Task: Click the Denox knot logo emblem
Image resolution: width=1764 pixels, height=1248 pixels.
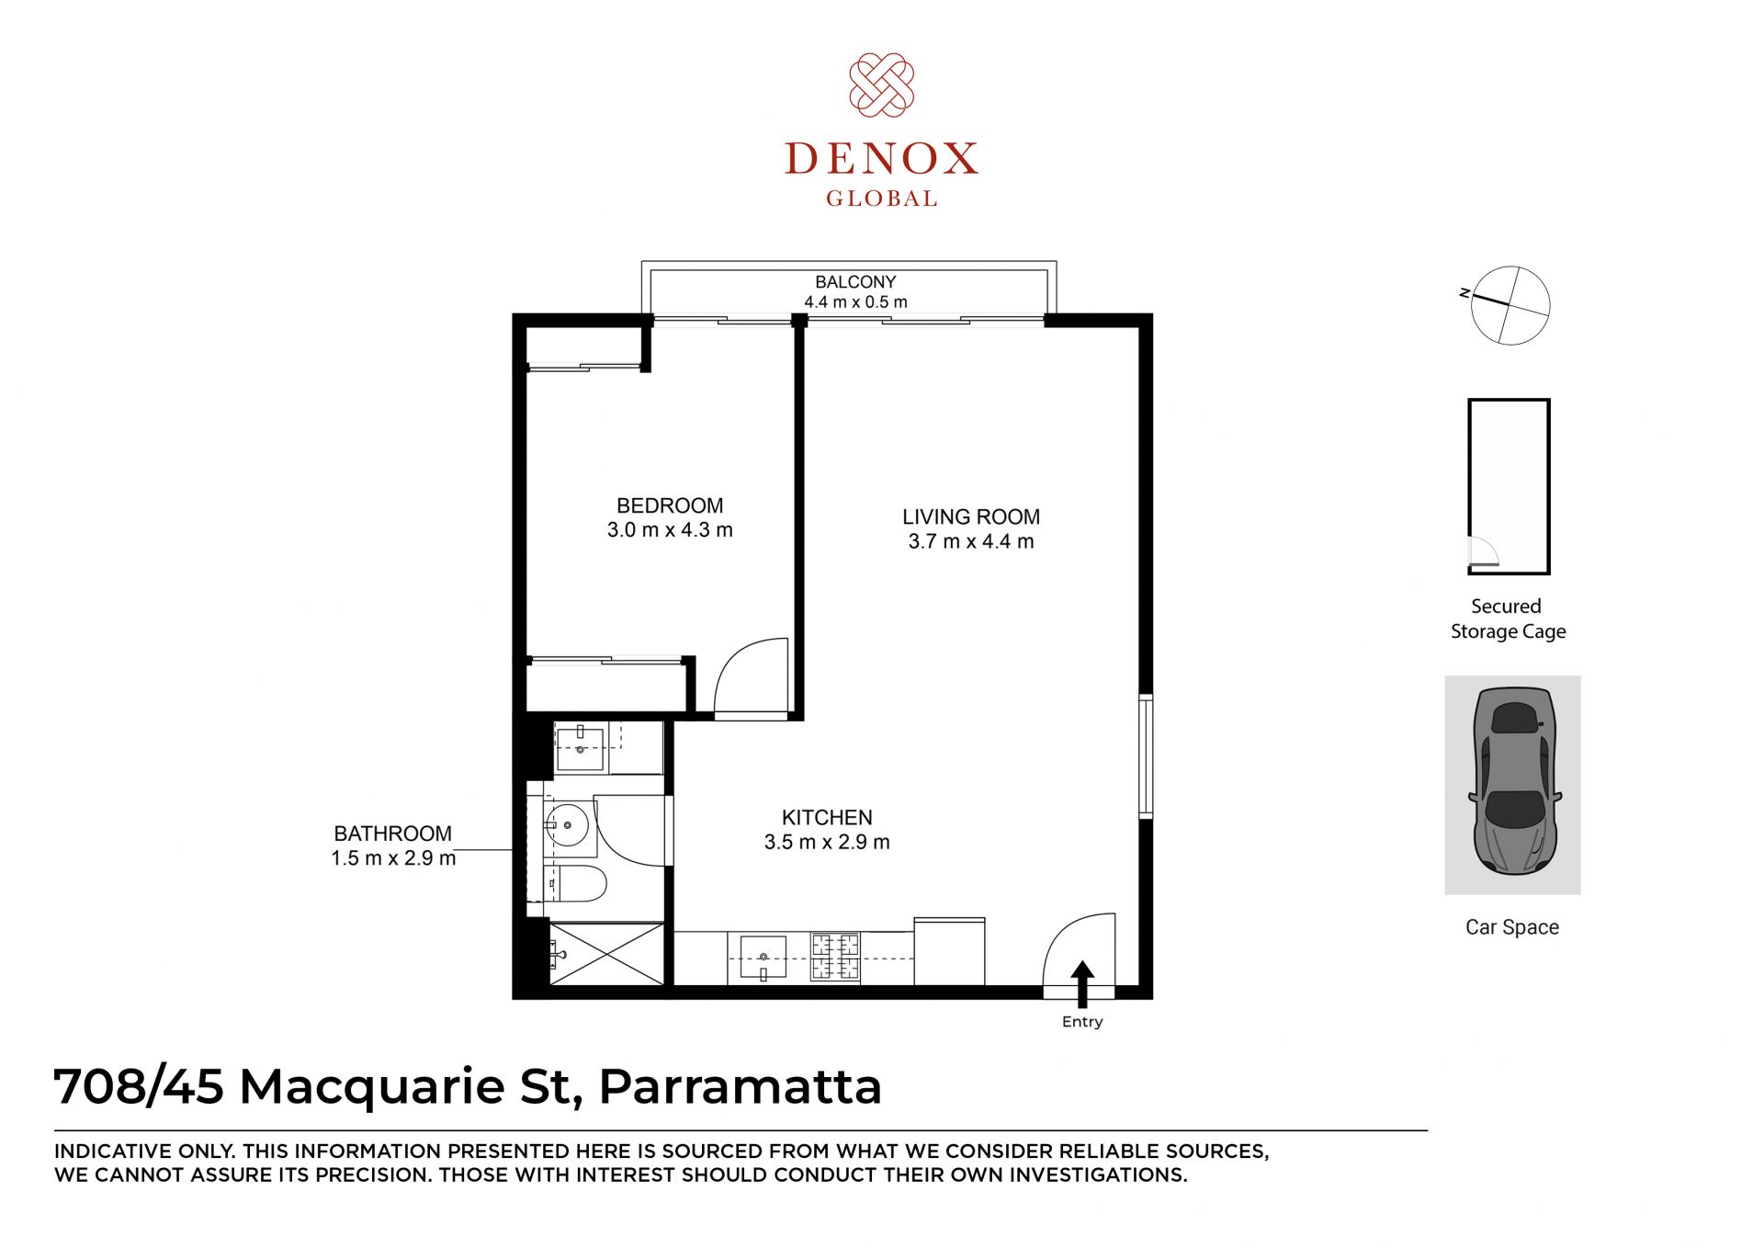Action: point(881,85)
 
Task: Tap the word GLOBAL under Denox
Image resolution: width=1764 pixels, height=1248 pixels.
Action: point(881,199)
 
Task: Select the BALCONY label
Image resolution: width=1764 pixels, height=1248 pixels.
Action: point(855,282)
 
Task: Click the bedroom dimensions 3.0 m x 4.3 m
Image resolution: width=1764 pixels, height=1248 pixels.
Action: point(670,530)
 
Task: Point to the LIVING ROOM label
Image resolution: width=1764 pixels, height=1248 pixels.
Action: point(971,517)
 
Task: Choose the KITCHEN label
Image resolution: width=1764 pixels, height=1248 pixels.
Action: point(827,818)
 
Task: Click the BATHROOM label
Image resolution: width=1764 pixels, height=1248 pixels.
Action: point(393,834)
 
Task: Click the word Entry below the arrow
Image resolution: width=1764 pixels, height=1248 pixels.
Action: point(1082,1022)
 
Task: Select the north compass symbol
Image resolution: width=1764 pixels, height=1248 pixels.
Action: point(1509,305)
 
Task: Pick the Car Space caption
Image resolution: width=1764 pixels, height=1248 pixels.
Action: point(1512,927)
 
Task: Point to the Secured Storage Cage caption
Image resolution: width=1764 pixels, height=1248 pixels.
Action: point(1508,618)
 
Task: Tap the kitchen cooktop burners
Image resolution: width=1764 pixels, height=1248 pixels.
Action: point(835,956)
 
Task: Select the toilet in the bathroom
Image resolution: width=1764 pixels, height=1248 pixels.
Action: point(575,884)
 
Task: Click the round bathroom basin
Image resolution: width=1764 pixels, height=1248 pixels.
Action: point(568,825)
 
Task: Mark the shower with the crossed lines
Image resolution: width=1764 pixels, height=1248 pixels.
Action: point(606,954)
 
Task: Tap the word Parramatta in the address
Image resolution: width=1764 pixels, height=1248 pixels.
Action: point(741,1086)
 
